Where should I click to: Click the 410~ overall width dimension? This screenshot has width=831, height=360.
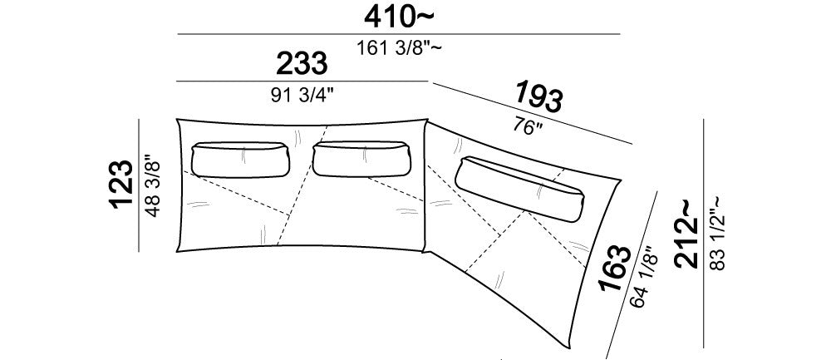coord(399,17)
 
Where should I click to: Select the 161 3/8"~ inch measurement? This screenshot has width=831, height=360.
coord(399,48)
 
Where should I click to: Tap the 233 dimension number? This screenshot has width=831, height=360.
coord(302,64)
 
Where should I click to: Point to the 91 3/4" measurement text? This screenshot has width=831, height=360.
coord(302,95)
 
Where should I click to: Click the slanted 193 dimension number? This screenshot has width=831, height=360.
coord(538,97)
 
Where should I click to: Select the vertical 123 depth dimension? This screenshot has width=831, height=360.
coord(122,184)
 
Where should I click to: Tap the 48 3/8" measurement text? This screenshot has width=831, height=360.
coord(152,185)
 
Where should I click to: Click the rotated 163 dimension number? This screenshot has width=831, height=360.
coord(615,269)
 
